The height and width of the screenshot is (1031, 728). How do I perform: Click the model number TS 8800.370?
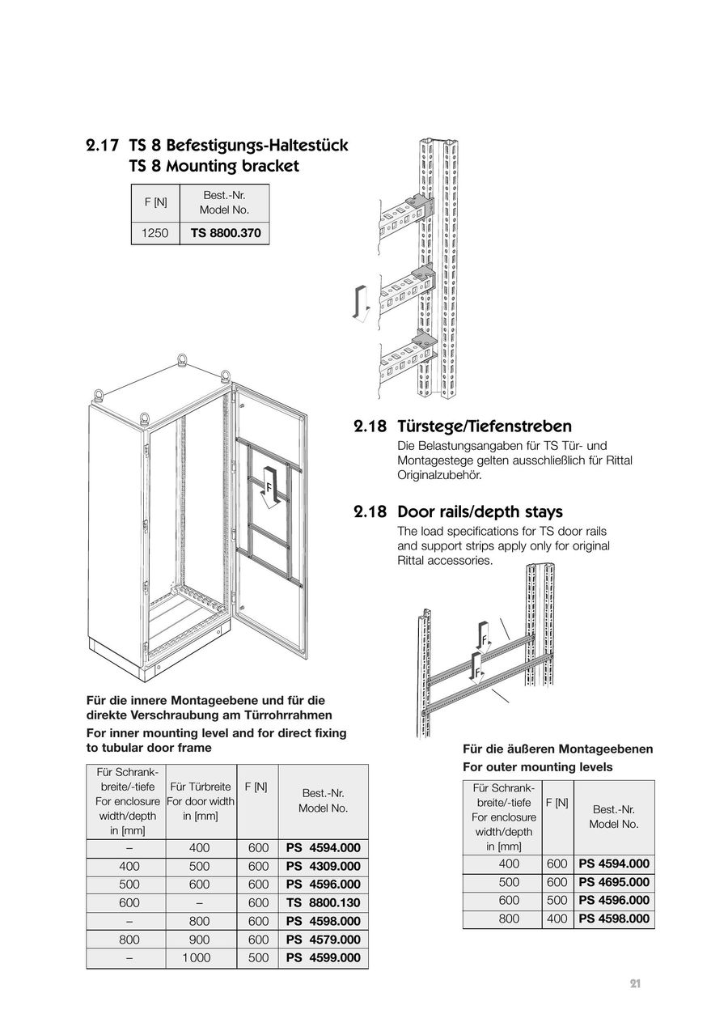[x=226, y=233]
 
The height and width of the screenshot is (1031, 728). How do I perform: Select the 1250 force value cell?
[x=154, y=233]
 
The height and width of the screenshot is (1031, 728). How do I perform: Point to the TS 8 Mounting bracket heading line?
[x=214, y=166]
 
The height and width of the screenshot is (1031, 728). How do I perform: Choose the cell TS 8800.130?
[x=323, y=902]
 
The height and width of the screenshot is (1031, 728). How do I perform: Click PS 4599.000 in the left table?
[x=323, y=957]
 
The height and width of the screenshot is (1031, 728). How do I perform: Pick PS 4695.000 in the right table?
[x=614, y=882]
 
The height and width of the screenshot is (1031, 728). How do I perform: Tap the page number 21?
[x=635, y=984]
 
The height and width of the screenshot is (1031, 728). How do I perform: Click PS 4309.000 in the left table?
[x=323, y=866]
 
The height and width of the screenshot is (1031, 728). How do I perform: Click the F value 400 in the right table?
[x=557, y=919]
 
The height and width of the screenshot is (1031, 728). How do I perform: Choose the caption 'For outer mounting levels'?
[x=537, y=766]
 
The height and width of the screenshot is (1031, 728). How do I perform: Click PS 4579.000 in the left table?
[x=323, y=940]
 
